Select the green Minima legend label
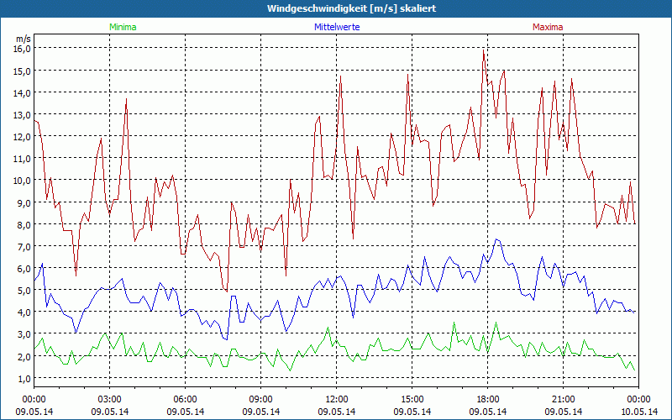click(123, 27)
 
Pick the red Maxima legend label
click(548, 27)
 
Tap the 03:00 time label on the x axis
click(110, 399)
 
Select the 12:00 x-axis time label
click(337, 399)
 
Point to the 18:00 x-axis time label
click(488, 399)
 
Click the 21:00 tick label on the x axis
click(564, 399)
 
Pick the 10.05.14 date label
click(639, 412)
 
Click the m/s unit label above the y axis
click(24, 39)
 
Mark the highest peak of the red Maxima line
click(484, 51)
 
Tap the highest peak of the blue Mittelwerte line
click(496, 239)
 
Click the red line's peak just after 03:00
click(126, 99)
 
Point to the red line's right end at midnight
click(636, 223)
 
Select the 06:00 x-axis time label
click(186, 399)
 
